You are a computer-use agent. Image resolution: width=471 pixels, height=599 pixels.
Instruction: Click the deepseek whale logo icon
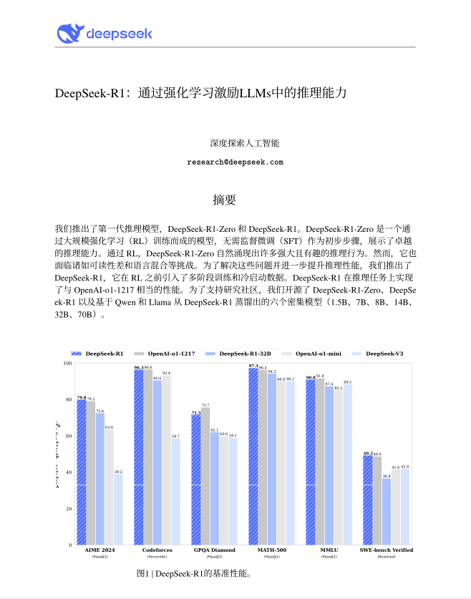pyautogui.click(x=69, y=32)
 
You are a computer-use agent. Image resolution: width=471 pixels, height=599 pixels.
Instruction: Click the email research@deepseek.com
pyautogui.click(x=235, y=162)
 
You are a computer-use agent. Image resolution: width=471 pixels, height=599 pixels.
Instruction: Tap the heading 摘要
pyautogui.click(x=224, y=198)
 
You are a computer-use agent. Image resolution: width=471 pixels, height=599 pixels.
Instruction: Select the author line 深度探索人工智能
pyautogui.click(x=235, y=143)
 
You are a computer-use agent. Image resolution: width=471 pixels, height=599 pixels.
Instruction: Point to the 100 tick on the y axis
pyautogui.click(x=68, y=364)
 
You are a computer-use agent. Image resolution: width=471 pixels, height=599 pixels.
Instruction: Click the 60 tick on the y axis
pyautogui.click(x=69, y=436)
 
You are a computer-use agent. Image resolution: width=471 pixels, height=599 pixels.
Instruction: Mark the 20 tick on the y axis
pyautogui.click(x=69, y=509)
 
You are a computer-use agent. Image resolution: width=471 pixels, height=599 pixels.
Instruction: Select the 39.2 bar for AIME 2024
pyautogui.click(x=118, y=509)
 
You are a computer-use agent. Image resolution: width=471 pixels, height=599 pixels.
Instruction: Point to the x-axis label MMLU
pyautogui.click(x=330, y=550)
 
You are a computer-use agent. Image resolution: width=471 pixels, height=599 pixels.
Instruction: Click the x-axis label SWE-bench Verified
pyautogui.click(x=387, y=550)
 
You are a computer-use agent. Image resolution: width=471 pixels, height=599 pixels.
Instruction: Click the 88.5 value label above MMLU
pyautogui.click(x=348, y=382)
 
